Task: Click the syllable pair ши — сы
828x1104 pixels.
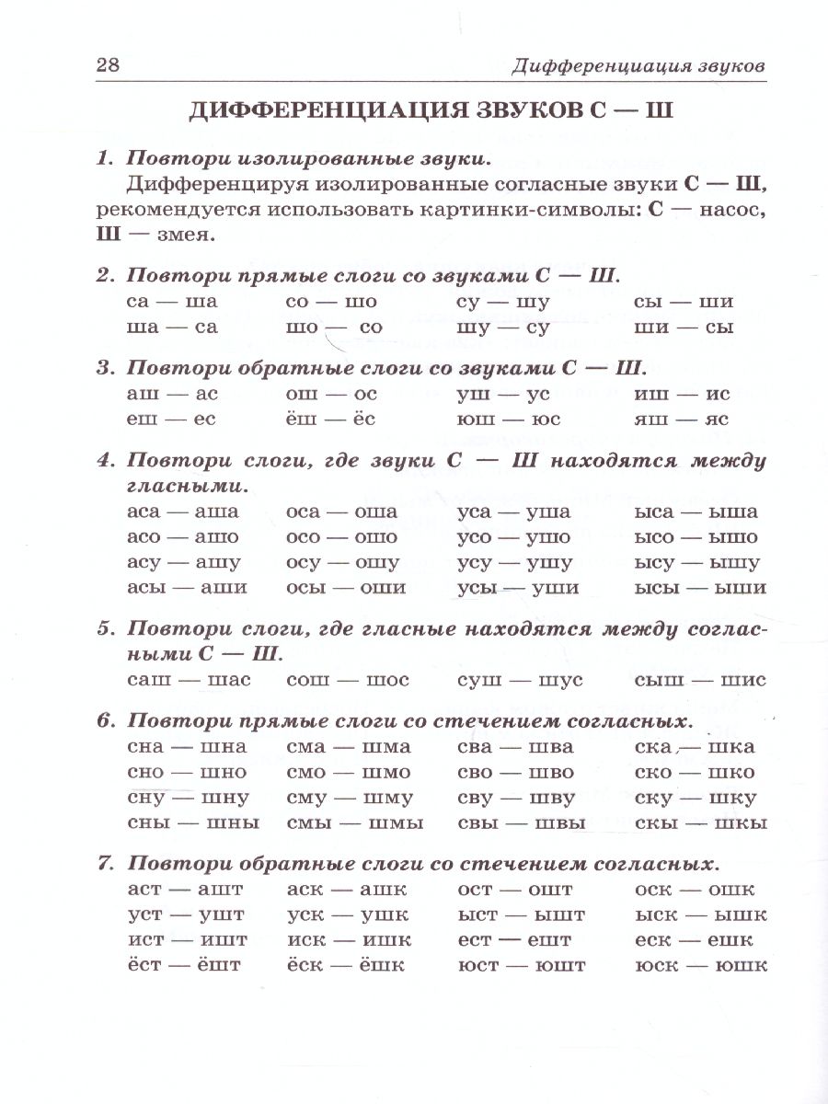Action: [x=684, y=327]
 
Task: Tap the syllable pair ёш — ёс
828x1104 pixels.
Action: [x=332, y=420]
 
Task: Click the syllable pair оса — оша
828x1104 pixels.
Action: [x=342, y=512]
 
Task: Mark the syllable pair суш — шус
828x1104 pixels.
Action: [x=520, y=680]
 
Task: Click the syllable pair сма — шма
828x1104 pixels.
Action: [x=349, y=746]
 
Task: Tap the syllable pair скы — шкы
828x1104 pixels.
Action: [x=700, y=822]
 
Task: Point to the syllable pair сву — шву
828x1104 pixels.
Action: [x=516, y=798]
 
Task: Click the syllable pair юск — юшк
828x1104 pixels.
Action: [x=700, y=966]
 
